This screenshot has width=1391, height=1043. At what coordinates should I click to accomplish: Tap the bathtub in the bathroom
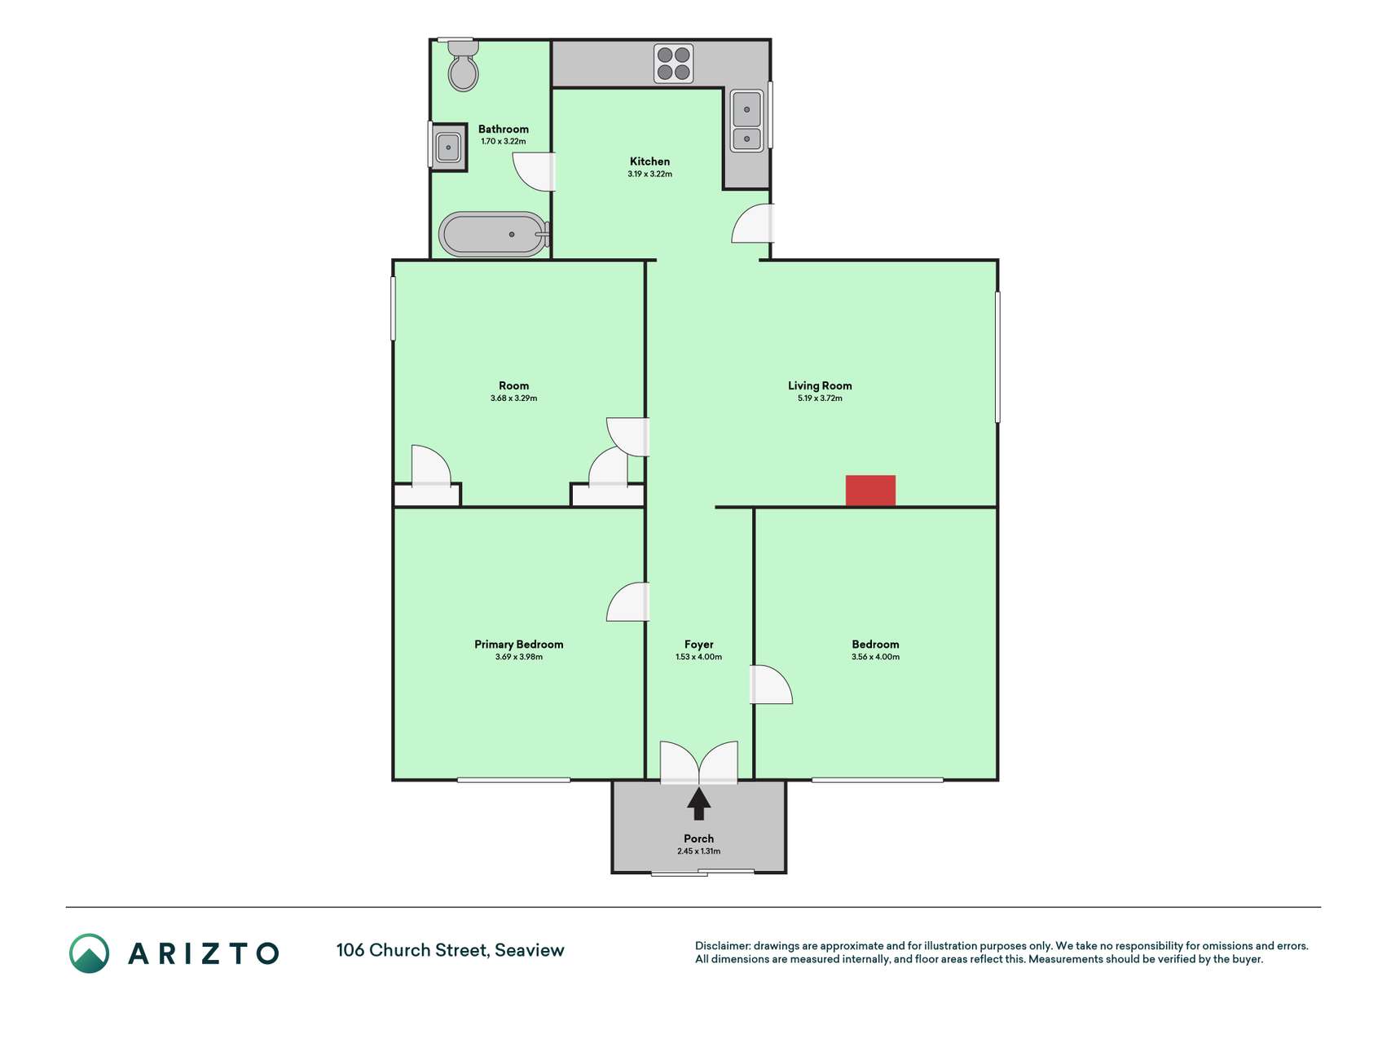click(494, 235)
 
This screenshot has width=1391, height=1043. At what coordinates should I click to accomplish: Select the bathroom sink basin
click(448, 147)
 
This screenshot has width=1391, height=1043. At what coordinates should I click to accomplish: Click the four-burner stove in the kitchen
click(674, 64)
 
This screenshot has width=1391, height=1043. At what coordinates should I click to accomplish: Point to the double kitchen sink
click(746, 121)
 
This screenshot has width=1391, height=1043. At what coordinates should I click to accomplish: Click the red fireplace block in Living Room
click(870, 491)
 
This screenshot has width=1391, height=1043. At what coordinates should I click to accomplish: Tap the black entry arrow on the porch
click(699, 803)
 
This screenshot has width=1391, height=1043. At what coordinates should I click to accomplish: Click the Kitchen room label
click(649, 161)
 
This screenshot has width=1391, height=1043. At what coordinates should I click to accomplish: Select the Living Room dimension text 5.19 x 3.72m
click(820, 398)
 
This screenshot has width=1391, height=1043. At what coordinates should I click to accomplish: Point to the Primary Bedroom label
click(519, 644)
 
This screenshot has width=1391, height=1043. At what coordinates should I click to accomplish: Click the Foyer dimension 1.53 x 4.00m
click(699, 657)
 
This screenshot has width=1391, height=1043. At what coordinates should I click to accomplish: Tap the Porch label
click(699, 838)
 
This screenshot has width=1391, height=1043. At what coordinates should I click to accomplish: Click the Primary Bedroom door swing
click(627, 602)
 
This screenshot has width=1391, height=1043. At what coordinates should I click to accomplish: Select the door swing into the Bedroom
click(771, 684)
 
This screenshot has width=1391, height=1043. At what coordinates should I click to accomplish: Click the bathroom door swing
click(534, 172)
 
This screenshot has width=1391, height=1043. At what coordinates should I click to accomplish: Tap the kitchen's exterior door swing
click(752, 223)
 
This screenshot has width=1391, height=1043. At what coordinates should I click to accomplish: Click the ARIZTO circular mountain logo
click(89, 953)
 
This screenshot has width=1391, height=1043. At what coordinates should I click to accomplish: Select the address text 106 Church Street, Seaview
click(451, 950)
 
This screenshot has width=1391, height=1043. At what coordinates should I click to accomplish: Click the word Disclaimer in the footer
click(723, 946)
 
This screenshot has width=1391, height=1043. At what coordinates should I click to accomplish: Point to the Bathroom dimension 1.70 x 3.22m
click(504, 142)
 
